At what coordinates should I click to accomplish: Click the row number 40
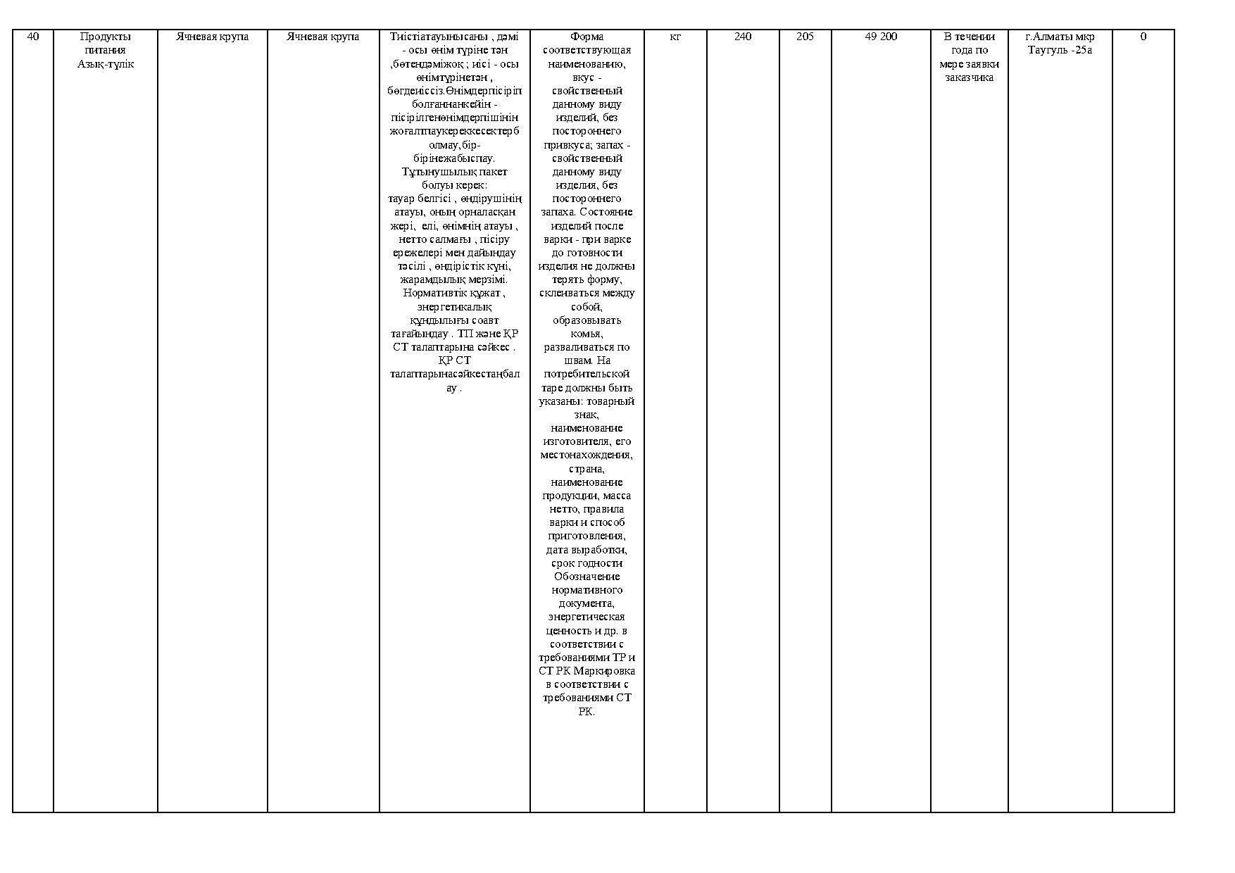point(32,37)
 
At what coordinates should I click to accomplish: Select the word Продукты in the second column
point(106,37)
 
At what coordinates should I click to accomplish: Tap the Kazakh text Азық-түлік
point(106,64)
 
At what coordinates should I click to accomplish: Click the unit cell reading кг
point(675,37)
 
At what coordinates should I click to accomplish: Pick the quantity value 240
point(743,37)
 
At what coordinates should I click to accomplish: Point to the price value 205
point(805,37)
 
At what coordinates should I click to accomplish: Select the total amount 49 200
point(881,37)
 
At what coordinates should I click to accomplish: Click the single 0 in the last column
point(1143,37)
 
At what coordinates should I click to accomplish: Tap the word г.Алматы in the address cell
point(1046,37)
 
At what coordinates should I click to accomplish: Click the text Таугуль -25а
point(1060,50)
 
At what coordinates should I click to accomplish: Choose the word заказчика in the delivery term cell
point(969,77)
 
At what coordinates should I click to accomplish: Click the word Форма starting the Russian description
point(587,37)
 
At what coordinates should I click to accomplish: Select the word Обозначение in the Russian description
point(587,577)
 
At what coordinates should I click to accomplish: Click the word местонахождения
point(587,455)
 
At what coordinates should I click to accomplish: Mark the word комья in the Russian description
point(587,334)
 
